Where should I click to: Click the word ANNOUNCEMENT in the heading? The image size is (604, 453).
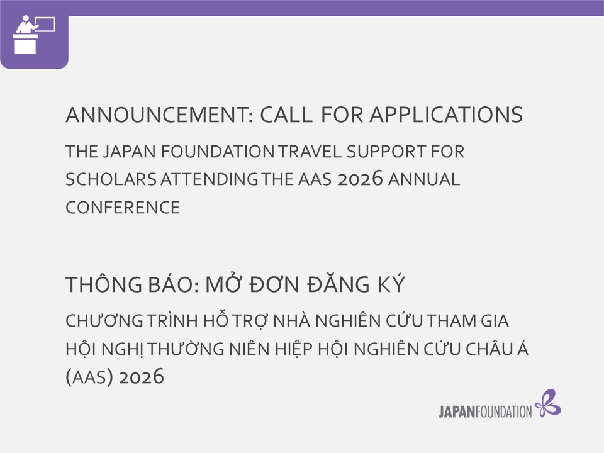pyautogui.click(x=159, y=115)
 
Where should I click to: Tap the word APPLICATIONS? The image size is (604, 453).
pyautogui.click(x=446, y=115)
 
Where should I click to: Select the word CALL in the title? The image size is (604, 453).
pyautogui.click(x=286, y=115)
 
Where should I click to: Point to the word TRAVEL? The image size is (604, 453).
pyautogui.click(x=310, y=152)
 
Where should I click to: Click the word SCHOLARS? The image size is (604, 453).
pyautogui.click(x=111, y=179)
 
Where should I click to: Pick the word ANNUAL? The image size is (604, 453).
pyautogui.click(x=423, y=179)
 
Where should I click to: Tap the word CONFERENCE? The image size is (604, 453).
pyautogui.click(x=123, y=207)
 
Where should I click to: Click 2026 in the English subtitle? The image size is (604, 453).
pyautogui.click(x=360, y=179)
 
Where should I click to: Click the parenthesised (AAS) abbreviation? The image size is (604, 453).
pyautogui.click(x=89, y=377)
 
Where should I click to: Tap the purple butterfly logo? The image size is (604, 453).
pyautogui.click(x=547, y=403)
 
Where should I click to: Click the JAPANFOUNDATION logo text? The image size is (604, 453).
pyautogui.click(x=485, y=411)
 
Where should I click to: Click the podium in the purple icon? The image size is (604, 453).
pyautogui.click(x=25, y=44)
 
